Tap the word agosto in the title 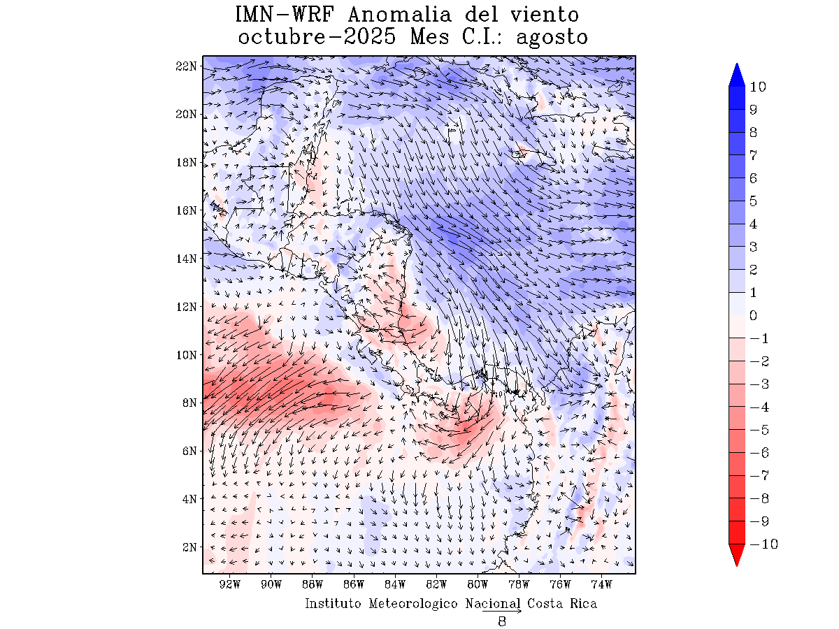tap(552, 37)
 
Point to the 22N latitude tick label tap(187, 66)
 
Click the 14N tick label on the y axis tap(187, 259)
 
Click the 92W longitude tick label tap(230, 584)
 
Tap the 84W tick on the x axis tap(395, 584)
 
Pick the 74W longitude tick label tap(601, 584)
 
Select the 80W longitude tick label tap(478, 584)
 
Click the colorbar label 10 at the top tap(757, 87)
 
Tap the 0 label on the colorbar tap(753, 316)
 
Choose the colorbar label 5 tap(753, 201)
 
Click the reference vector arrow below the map tap(501, 612)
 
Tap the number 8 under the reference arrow tap(501, 622)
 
